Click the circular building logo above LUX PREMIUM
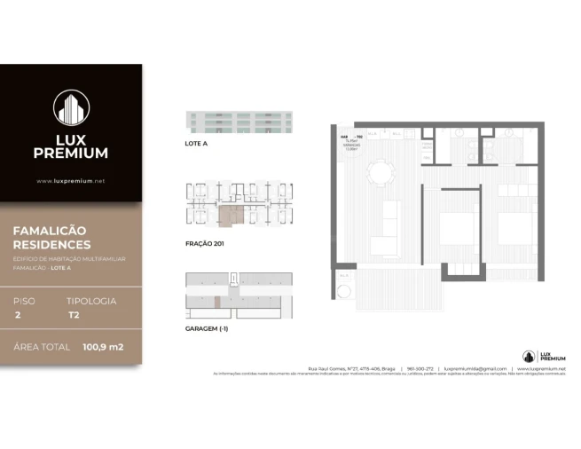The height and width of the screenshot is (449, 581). coord(71,108)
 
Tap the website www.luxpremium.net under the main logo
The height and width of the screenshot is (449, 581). coord(71,181)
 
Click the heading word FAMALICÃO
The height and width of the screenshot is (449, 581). coord(49,230)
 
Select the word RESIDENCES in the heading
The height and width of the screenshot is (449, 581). coord(51,244)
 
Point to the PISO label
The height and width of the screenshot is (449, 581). coord(25,301)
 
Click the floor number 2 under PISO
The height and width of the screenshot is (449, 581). coord(17,315)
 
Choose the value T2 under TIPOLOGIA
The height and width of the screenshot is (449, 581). coord(74,315)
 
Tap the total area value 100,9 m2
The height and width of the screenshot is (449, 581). coord(103,347)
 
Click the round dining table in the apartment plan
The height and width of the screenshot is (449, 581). coord(380,171)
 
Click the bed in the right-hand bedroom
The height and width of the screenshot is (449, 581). coord(514,227)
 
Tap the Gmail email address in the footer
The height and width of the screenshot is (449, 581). coord(475,368)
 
